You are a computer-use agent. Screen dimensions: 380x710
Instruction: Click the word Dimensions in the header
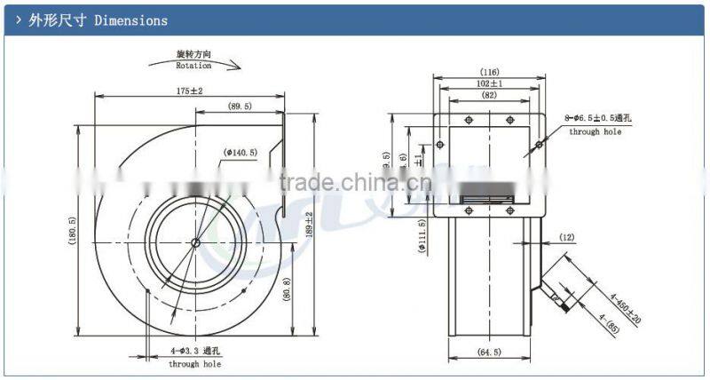tap(130, 20)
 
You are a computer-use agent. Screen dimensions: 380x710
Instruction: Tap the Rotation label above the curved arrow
tap(193, 66)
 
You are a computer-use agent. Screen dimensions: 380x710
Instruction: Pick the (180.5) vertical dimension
tap(72, 234)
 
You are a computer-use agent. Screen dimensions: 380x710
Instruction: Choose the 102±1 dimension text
tap(488, 83)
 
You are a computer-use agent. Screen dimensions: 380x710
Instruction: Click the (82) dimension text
tap(488, 95)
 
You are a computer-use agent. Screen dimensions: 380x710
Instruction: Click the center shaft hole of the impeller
tap(195, 241)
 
